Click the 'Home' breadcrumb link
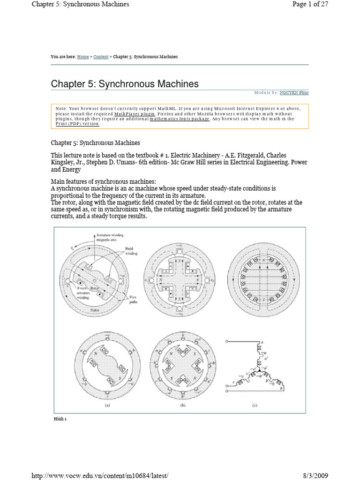(x=83, y=57)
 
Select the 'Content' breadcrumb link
(x=101, y=57)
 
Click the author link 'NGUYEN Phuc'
(x=294, y=93)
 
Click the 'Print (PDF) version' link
(x=77, y=124)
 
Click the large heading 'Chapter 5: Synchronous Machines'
(x=125, y=84)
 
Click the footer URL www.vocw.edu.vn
(x=99, y=475)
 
